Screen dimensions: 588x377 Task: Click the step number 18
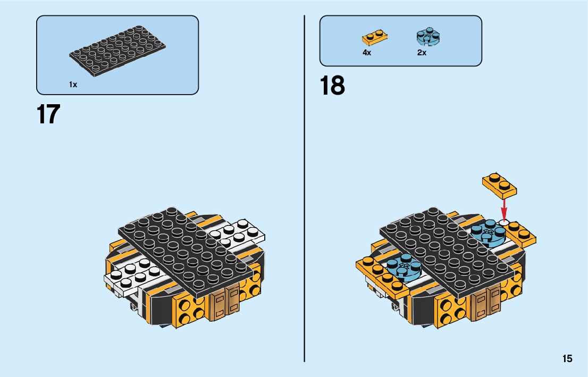coord(332,86)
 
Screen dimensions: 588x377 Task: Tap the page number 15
coord(567,358)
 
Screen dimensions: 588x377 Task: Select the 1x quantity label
coord(73,85)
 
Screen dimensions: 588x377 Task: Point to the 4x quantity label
coord(367,53)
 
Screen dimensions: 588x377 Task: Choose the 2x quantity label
coord(422,53)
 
